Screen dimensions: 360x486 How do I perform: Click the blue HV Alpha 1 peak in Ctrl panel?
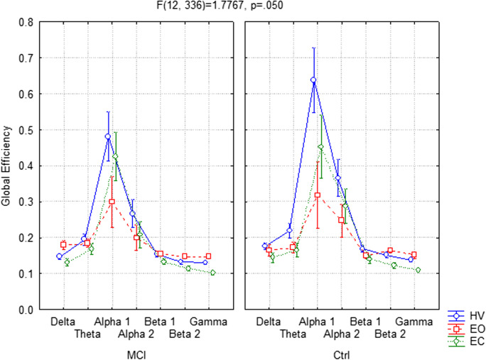pyautogui.click(x=313, y=80)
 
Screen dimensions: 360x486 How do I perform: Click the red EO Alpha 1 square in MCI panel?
pyautogui.click(x=112, y=202)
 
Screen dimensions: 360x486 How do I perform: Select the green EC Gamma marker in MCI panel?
pyautogui.click(x=212, y=273)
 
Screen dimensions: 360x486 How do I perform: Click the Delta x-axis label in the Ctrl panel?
pyautogui.click(x=268, y=322)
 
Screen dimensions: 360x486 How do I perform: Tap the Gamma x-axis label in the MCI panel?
pyautogui.click(x=208, y=322)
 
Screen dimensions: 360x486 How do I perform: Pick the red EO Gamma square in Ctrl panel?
pyautogui.click(x=414, y=255)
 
